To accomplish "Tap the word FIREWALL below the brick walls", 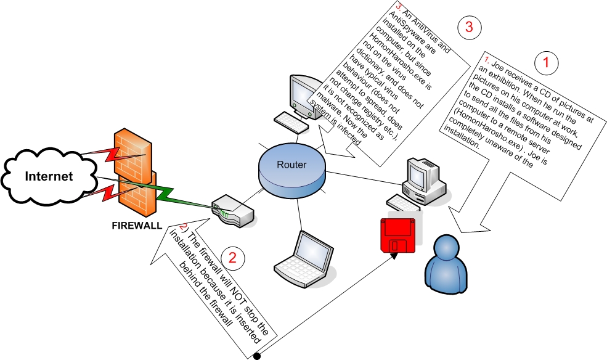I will (137, 225).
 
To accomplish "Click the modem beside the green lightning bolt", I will (233, 210).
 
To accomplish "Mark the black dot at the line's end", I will (256, 356).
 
